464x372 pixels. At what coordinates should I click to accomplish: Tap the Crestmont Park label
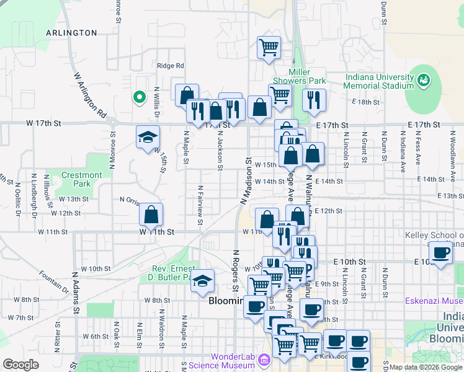[82, 180]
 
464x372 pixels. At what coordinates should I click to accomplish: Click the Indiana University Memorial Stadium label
[379, 81]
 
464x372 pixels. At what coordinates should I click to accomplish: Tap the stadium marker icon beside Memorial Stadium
[424, 79]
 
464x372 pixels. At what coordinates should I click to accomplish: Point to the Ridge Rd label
[171, 66]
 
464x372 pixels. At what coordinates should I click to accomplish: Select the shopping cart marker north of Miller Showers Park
[269, 47]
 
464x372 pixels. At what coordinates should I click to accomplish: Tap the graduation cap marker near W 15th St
[148, 137]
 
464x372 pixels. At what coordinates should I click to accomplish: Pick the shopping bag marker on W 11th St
[151, 215]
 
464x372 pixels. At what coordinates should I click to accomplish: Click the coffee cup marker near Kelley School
[441, 252]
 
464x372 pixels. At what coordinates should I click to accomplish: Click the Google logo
[21, 364]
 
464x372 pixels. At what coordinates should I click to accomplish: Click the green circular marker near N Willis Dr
[140, 96]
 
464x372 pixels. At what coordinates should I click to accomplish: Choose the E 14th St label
[329, 181]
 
